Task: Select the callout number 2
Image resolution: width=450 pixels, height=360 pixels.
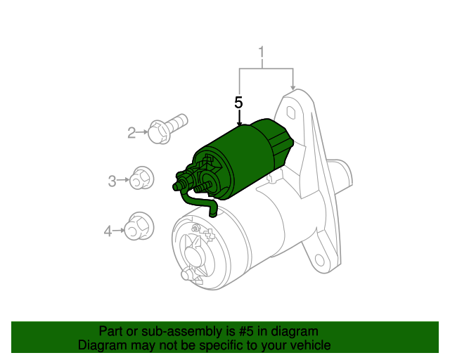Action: tap(131, 132)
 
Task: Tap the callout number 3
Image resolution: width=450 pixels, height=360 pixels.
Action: tap(112, 181)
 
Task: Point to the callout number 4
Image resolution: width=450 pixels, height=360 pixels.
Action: tap(108, 230)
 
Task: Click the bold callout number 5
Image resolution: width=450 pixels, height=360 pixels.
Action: tap(238, 103)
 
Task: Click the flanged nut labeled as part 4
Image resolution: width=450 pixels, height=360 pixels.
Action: tap(138, 226)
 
